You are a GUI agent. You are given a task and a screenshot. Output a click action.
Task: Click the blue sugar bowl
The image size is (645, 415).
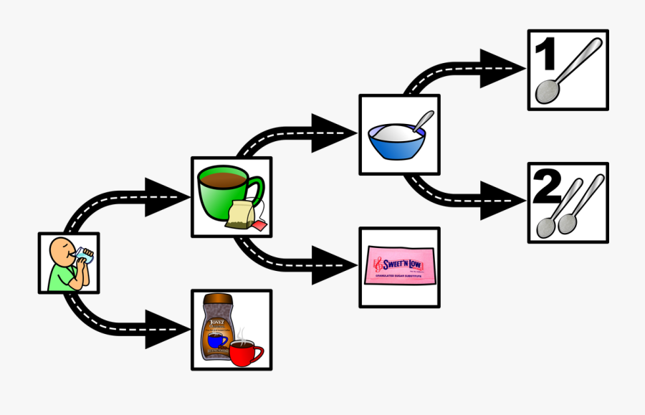(393, 143)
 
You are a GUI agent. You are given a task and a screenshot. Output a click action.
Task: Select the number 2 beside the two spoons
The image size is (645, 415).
(549, 190)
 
